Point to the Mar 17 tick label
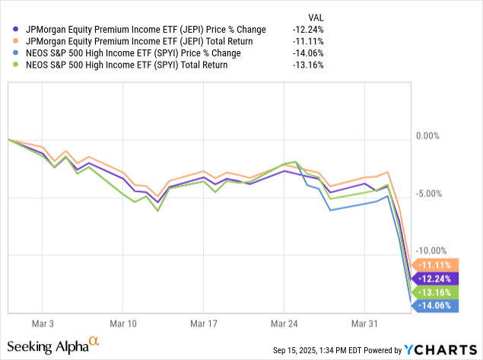pyautogui.click(x=203, y=323)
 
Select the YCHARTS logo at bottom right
pyautogui.click(x=442, y=350)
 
